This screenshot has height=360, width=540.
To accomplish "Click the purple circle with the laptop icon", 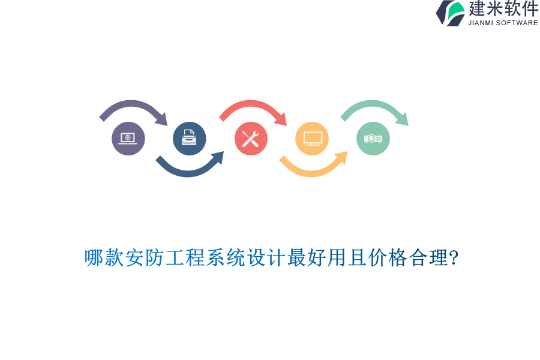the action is pyautogui.click(x=128, y=139).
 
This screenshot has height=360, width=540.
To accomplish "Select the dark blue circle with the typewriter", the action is pyautogui.click(x=190, y=139).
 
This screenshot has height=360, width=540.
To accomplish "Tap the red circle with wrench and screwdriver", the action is pyautogui.click(x=251, y=139).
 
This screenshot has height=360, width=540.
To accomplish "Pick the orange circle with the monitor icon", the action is pyautogui.click(x=312, y=139).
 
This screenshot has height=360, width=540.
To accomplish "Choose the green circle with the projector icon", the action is pyautogui.click(x=373, y=139).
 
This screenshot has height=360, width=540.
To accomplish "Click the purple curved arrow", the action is pyautogui.click(x=131, y=104).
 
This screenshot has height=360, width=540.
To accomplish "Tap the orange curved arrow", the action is pyautogui.click(x=312, y=173).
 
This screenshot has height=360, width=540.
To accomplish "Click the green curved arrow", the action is pyautogui.click(x=373, y=104).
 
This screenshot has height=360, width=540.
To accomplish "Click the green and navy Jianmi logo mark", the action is pyautogui.click(x=450, y=13).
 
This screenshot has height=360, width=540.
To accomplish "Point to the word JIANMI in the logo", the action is pyautogui.click(x=481, y=23).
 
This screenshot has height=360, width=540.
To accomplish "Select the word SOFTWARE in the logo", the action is pyautogui.click(x=517, y=23).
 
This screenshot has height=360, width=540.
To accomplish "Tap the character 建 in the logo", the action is pyautogui.click(x=476, y=8).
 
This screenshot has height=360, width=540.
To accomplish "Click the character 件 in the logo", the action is pyautogui.click(x=530, y=8).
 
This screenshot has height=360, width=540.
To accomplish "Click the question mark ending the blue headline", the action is pyautogui.click(x=454, y=257).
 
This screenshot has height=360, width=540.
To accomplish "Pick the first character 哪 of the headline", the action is pyautogui.click(x=94, y=257).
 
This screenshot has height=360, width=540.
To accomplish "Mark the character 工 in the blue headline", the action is pyautogui.click(x=175, y=257).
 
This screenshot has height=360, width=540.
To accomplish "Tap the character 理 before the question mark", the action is pyautogui.click(x=439, y=257).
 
